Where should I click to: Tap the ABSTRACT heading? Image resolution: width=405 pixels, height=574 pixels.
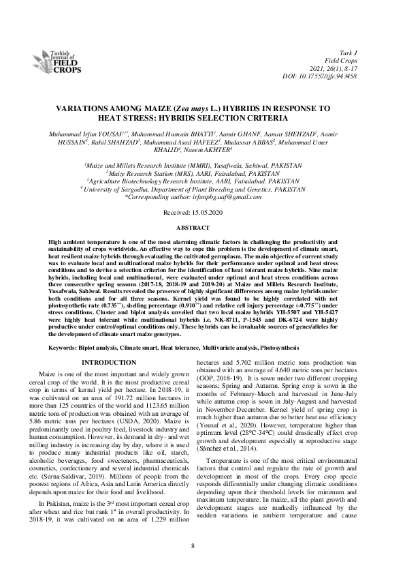coord(201,225)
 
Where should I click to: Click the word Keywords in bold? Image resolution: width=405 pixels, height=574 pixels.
coord(66,347)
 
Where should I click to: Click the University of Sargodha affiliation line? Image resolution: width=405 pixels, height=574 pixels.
coord(201,190)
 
